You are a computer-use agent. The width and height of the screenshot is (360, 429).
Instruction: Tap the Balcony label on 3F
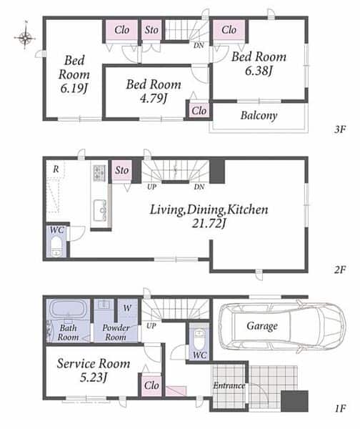[x=259, y=115]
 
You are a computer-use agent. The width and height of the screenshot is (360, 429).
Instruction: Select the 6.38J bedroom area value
[x=259, y=71]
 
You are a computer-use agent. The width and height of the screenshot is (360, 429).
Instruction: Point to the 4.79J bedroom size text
[x=154, y=98]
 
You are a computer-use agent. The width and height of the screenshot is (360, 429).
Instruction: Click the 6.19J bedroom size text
[x=74, y=88]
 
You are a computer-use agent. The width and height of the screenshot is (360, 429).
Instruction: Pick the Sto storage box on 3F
[x=151, y=30]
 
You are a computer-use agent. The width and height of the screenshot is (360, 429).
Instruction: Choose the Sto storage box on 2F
[x=121, y=170]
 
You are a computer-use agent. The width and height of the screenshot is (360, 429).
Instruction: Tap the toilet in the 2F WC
[x=56, y=247]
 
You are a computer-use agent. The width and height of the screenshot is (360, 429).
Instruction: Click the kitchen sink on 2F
[x=100, y=210]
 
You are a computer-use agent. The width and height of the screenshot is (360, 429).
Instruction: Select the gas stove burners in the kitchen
[x=99, y=172]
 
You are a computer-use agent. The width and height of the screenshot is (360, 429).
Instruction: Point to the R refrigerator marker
[x=56, y=169]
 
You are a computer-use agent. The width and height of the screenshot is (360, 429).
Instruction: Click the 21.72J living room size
[x=209, y=224]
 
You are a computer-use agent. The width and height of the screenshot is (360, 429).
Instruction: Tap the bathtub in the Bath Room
[x=68, y=310]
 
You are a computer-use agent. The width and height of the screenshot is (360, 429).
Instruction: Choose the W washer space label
[x=127, y=308]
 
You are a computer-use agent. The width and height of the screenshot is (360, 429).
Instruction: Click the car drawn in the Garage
[x=283, y=327]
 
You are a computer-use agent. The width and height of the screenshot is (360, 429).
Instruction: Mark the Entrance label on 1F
[x=229, y=386]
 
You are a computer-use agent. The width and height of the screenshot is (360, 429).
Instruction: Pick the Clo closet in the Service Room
[x=151, y=385]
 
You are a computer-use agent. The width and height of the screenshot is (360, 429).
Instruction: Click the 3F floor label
[x=340, y=129]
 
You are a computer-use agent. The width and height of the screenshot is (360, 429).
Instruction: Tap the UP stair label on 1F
[x=151, y=326]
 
